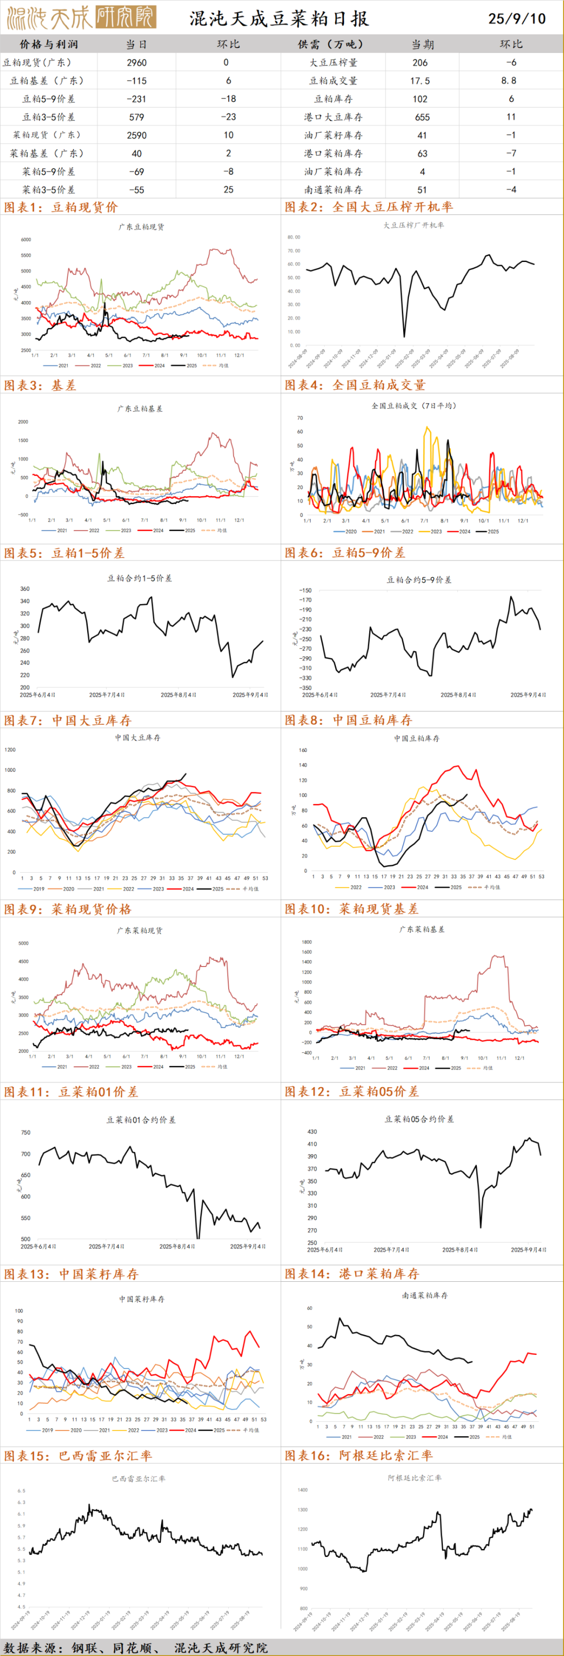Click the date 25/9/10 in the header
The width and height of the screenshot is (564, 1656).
click(516, 18)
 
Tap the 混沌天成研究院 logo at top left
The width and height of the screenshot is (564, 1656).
click(81, 18)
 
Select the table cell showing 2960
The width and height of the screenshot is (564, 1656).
click(136, 62)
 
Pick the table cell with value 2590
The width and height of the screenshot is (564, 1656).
click(136, 135)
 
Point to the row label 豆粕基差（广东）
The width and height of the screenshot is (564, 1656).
click(46, 81)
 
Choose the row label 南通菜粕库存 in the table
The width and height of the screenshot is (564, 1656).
click(333, 189)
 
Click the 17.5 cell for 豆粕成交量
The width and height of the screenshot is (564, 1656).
click(420, 81)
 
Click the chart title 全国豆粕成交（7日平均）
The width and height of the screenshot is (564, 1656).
click(414, 406)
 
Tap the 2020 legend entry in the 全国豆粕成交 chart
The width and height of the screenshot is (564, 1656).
click(347, 532)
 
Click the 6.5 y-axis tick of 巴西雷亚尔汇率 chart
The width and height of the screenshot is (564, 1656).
click(21, 1490)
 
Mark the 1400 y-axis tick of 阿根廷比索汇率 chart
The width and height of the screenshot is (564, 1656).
click(302, 1490)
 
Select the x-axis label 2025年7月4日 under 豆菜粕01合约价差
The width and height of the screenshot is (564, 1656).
click(107, 1246)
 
